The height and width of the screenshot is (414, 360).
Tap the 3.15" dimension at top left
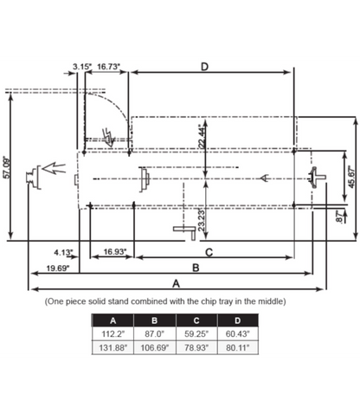click(82, 66)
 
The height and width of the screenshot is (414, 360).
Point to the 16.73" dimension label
click(108, 66)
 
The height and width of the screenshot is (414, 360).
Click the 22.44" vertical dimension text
click(201, 137)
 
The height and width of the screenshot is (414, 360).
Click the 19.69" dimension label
click(58, 268)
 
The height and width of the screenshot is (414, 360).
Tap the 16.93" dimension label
click(115, 252)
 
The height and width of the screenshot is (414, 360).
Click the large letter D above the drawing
click(204, 67)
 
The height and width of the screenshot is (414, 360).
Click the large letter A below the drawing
click(177, 283)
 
